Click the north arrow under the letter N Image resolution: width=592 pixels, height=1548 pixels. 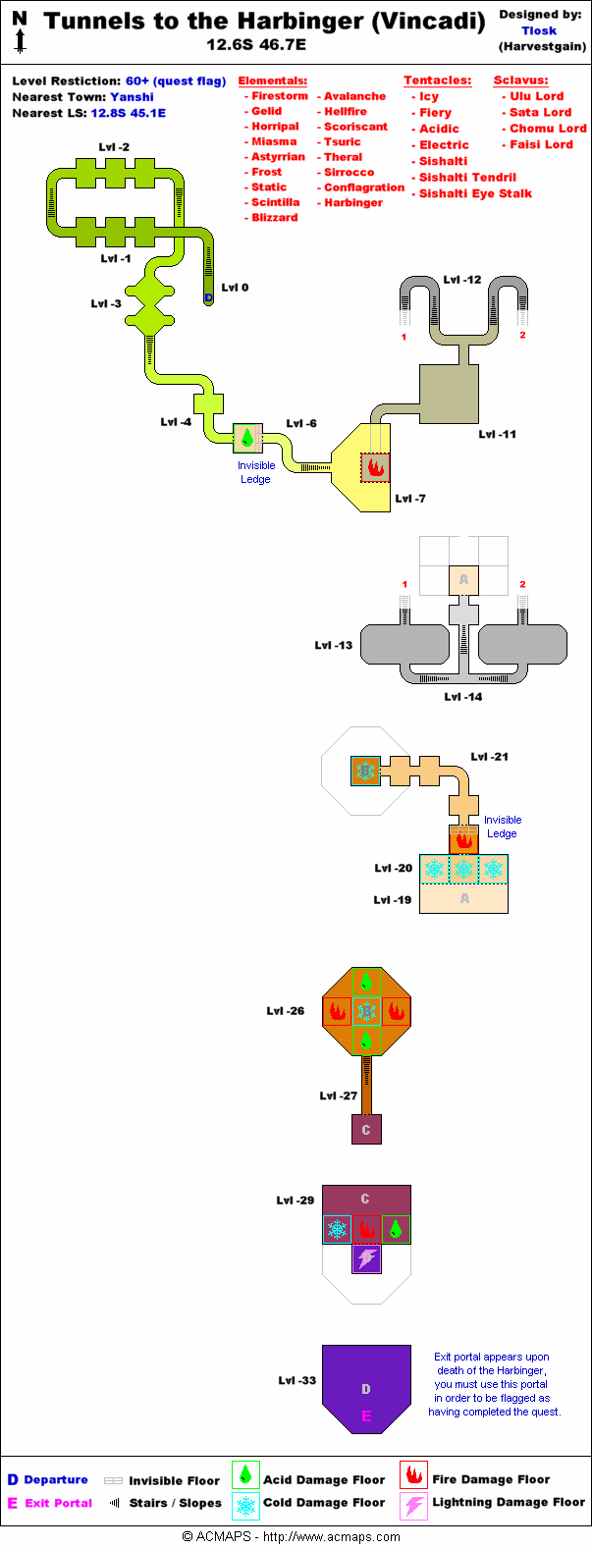point(20,40)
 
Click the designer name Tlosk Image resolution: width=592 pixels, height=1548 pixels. point(539,30)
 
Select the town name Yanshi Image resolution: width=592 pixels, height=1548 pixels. point(132,97)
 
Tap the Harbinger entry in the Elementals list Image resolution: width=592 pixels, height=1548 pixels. point(353,202)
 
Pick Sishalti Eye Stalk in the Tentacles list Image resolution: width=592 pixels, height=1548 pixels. point(475,193)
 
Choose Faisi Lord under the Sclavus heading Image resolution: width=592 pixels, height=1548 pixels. point(541,144)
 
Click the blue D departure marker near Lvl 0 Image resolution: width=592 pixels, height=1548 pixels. point(208,297)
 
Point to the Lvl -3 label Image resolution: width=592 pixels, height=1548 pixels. point(106,303)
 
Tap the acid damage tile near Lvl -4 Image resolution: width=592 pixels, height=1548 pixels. point(247,438)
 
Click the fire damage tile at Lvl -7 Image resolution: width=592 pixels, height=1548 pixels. point(374,467)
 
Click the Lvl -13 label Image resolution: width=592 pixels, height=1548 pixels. point(333,645)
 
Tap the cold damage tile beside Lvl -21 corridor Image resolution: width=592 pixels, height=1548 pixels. point(366,771)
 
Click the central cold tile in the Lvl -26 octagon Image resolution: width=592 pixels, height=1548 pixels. point(366,1011)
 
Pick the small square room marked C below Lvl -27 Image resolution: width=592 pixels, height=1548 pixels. point(366,1129)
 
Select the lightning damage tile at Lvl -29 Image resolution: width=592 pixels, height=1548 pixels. point(366,1258)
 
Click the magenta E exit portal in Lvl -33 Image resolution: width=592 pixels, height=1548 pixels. point(366,1415)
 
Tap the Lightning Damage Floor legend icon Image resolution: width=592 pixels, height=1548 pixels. point(414,1504)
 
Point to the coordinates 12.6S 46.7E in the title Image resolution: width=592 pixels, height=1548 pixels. point(256,44)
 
